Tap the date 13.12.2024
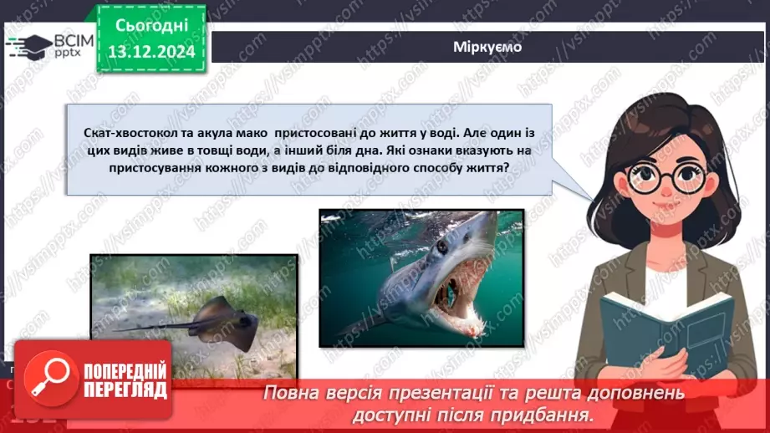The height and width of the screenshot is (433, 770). click(x=150, y=52)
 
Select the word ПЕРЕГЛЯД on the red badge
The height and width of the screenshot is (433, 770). click(x=125, y=389)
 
